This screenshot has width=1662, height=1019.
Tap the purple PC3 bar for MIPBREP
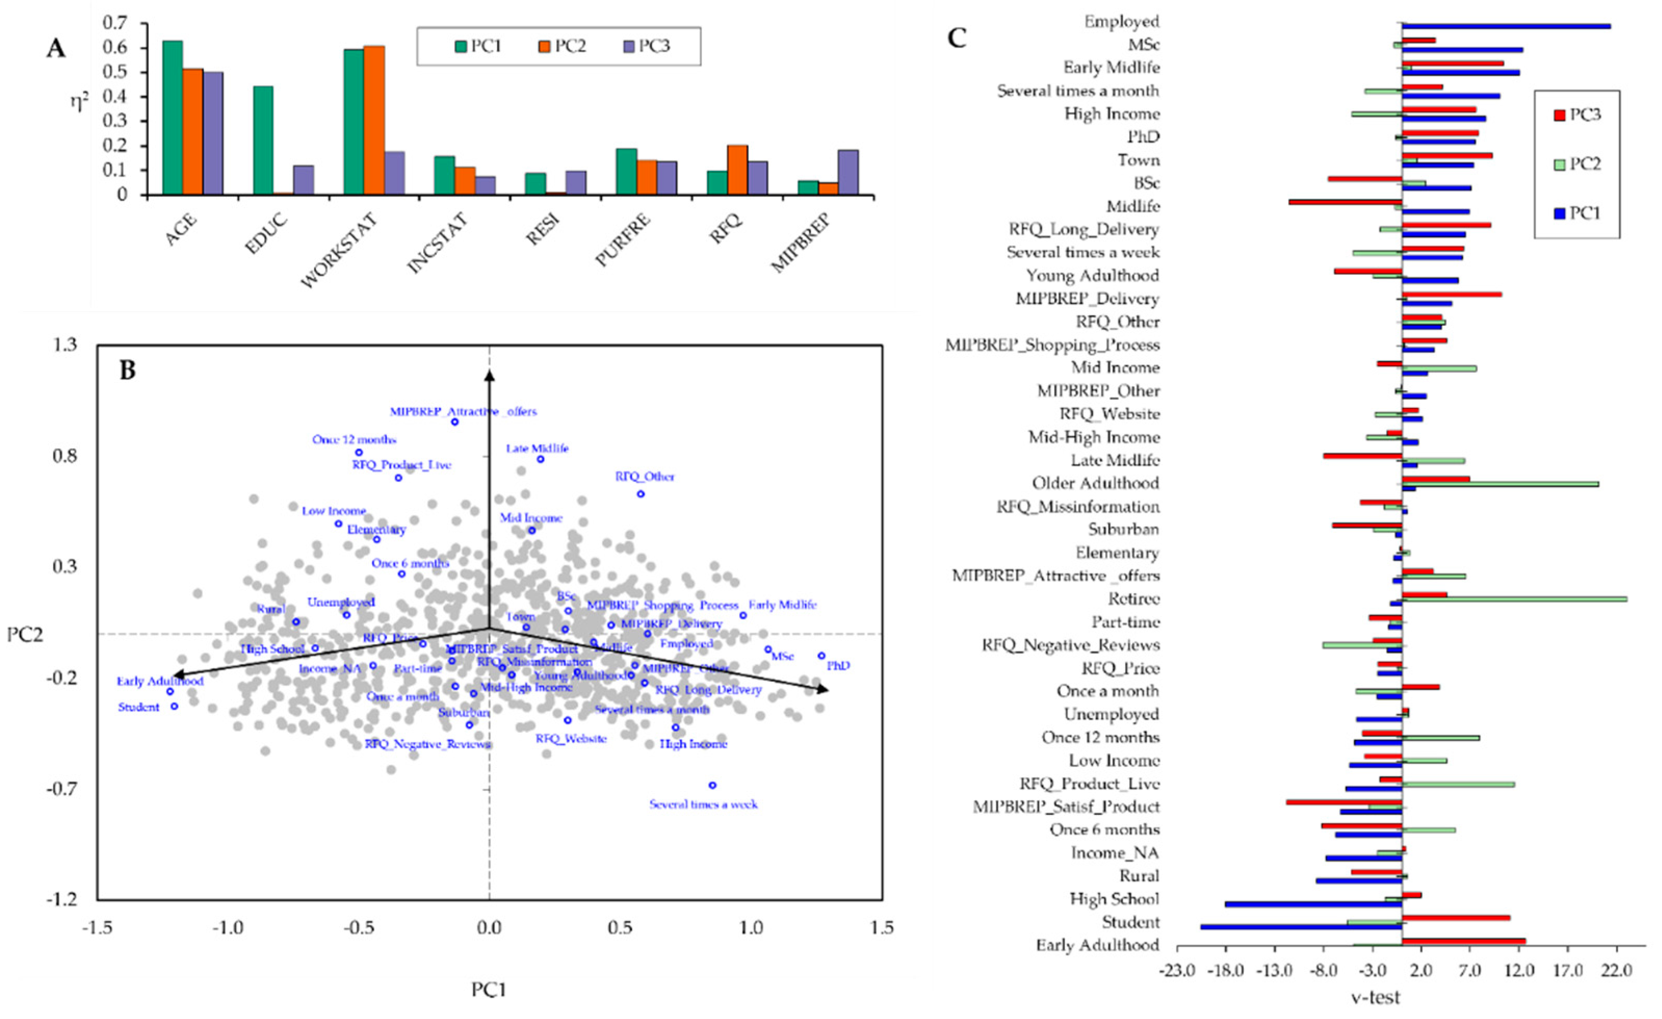point(848,172)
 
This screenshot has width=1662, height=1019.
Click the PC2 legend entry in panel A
point(562,46)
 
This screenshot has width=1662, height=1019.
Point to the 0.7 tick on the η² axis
point(115,23)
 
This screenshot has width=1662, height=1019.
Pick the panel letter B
point(127,369)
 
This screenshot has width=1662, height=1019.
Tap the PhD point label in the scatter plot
point(839,666)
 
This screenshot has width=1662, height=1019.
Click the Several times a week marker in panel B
point(712,785)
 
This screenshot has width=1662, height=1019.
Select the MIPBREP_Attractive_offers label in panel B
point(463,412)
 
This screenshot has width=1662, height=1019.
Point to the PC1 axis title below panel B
point(488,989)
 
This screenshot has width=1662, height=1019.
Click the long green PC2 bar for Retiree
point(1514,599)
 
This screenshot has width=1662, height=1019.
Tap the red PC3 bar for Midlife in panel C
point(1345,202)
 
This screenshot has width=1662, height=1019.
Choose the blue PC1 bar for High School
point(1313,904)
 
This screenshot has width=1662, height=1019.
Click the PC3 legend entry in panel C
point(1576,115)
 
